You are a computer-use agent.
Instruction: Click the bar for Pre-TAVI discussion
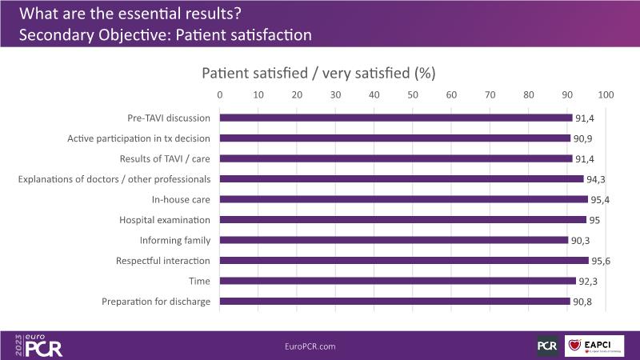click(x=396, y=118)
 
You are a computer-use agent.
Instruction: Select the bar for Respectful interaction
click(x=404, y=261)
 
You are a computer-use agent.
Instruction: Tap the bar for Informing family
click(x=394, y=240)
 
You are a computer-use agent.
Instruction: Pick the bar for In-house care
click(x=403, y=199)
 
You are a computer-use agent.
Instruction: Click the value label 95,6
click(x=602, y=261)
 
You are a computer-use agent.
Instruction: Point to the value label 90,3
click(x=581, y=240)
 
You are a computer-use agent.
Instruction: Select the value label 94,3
click(x=596, y=178)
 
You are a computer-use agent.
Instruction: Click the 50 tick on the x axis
click(x=413, y=95)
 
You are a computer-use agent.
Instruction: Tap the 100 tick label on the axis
click(x=605, y=95)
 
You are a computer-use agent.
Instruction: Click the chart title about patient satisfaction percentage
click(x=318, y=73)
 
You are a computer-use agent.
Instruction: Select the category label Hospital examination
click(x=165, y=220)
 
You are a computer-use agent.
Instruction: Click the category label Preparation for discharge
click(x=156, y=302)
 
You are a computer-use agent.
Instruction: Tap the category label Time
click(x=199, y=282)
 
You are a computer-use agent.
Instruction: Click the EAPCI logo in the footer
click(x=594, y=346)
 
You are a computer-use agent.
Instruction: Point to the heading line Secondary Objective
click(x=164, y=36)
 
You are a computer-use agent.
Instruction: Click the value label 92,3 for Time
click(x=589, y=282)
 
